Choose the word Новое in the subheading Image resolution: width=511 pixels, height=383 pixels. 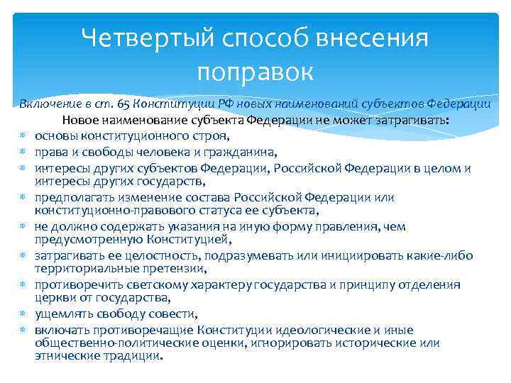pos(87,119)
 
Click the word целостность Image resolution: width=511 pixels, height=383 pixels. pos(138,255)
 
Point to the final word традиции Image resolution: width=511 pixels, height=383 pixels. pos(133,357)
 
